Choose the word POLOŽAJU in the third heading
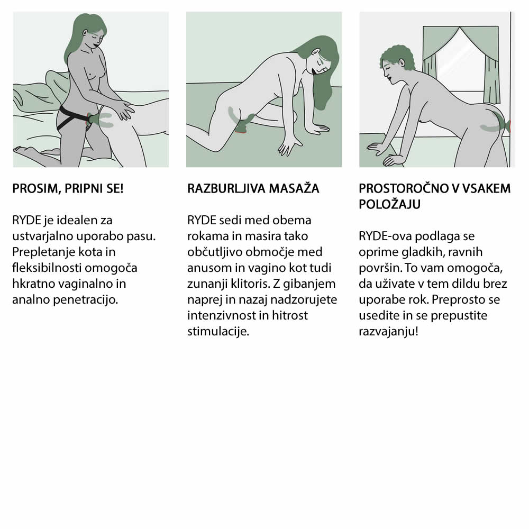tap(390, 204)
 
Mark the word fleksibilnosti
tap(47, 268)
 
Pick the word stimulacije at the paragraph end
tap(218, 331)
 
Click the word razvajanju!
tap(389, 331)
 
